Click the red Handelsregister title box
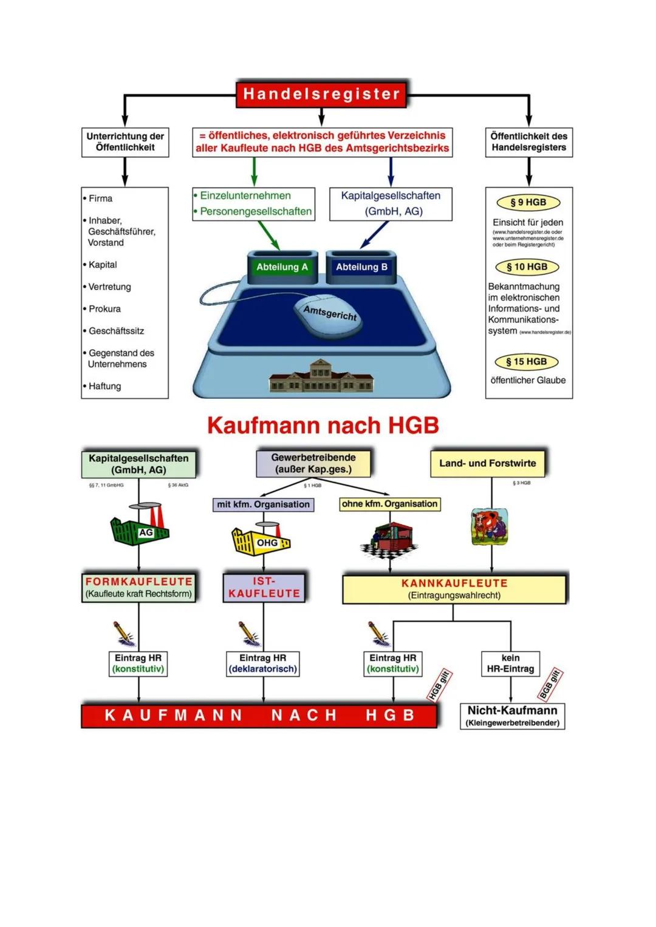click(321, 93)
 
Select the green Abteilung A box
click(282, 267)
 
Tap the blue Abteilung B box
click(361, 267)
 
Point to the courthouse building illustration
click(321, 376)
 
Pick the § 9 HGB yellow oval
click(528, 202)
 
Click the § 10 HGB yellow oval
click(528, 267)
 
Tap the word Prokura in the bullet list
click(104, 309)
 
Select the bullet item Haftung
click(104, 386)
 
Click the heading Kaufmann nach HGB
click(323, 426)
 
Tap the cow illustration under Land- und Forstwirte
click(490, 526)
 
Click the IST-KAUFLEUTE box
click(264, 588)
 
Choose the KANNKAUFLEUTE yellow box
click(454, 589)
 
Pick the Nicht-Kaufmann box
click(512, 716)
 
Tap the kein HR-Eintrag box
click(510, 664)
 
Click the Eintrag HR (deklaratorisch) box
click(263, 664)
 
